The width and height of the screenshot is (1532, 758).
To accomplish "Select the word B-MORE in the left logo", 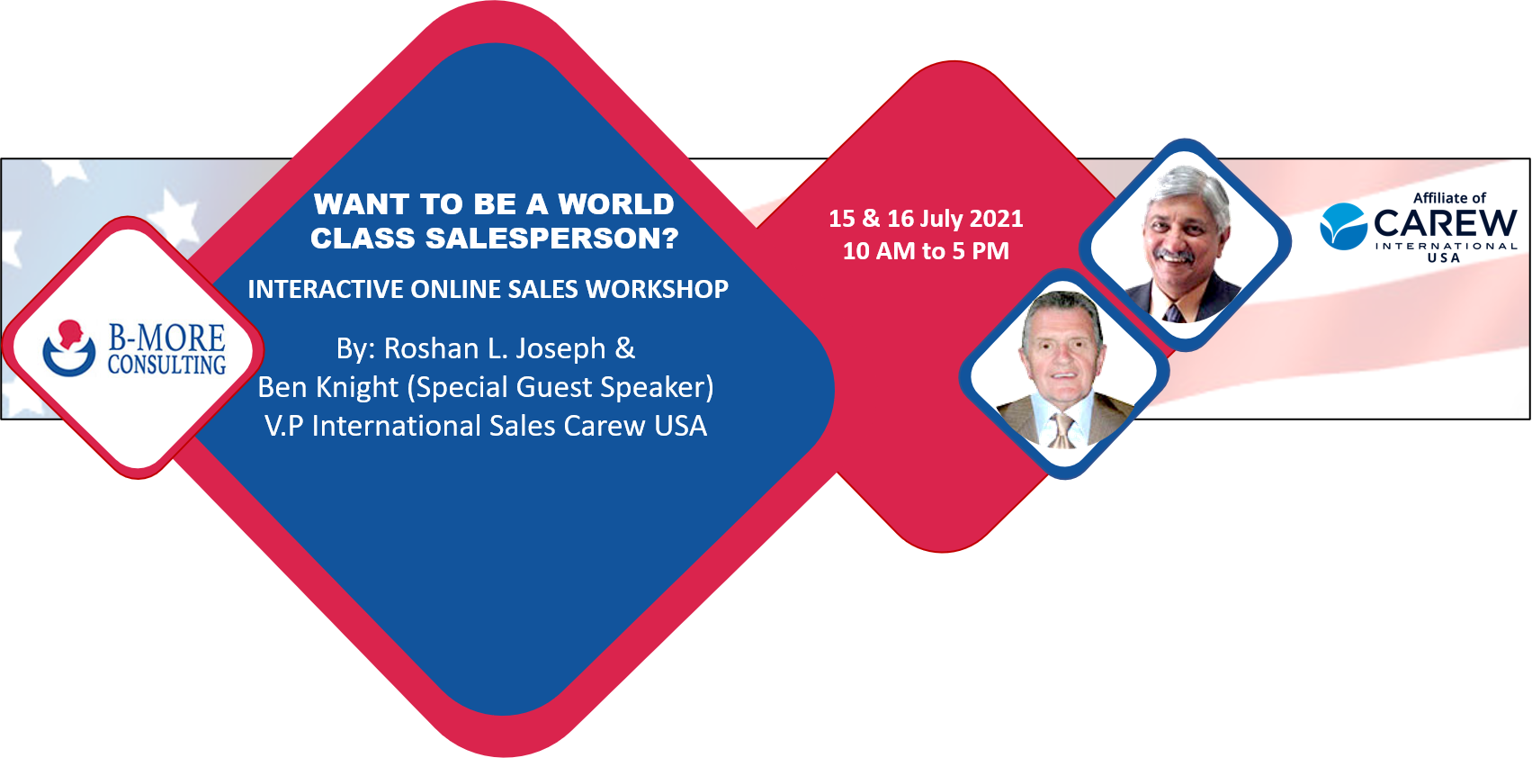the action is tap(167, 338).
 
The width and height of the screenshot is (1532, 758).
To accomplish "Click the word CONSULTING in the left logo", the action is tap(167, 365).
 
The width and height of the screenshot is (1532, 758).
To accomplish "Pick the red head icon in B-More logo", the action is tap(70, 335).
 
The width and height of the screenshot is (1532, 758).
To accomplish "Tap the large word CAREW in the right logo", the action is tap(1445, 223).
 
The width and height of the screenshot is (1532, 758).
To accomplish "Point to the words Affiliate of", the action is tap(1449, 198).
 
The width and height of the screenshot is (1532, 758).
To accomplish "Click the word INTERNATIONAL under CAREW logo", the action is tap(1446, 246).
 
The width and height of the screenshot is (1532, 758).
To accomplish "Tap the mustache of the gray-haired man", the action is tap(1175, 257).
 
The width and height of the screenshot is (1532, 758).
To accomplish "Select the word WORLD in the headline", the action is tap(615, 203).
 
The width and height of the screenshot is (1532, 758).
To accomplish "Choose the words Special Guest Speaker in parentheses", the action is tap(560, 388).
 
